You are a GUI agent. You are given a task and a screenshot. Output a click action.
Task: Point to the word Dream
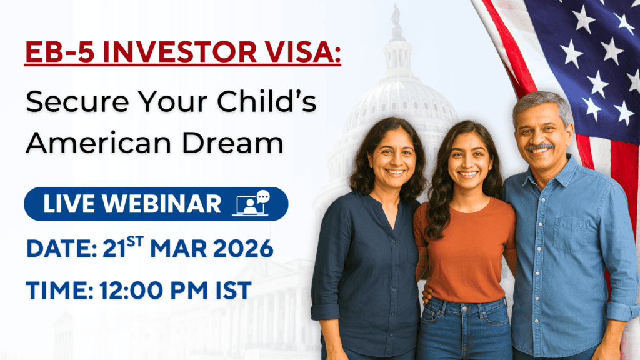(x=232, y=143)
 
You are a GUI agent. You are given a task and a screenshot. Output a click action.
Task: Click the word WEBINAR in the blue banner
(x=162, y=204)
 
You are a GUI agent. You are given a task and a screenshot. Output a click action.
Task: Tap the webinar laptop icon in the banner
(x=251, y=203)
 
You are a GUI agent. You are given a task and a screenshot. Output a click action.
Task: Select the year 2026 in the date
(x=243, y=249)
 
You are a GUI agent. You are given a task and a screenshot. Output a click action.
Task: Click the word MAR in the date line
(x=178, y=249)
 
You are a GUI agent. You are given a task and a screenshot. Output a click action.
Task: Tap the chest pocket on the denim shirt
(x=571, y=235)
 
